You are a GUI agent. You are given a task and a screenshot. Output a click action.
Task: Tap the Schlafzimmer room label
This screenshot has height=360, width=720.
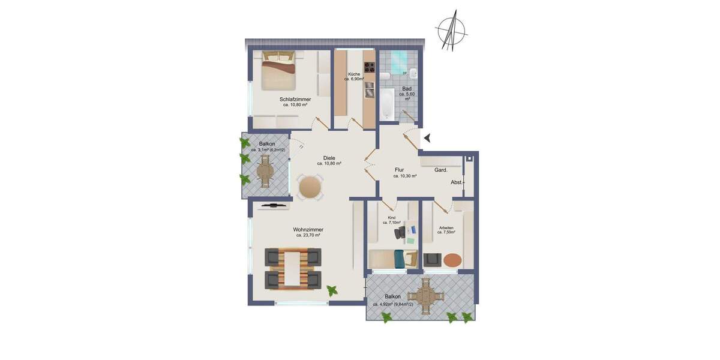tap(295, 100)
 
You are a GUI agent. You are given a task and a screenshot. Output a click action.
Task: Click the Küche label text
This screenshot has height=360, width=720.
tap(353, 74)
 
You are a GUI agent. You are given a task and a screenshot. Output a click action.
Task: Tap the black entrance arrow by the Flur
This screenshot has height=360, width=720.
tap(427, 138)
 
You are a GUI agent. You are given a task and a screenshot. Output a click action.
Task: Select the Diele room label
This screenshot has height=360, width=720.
tap(329, 158)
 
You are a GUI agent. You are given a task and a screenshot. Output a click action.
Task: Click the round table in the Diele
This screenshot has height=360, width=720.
tap(310, 187)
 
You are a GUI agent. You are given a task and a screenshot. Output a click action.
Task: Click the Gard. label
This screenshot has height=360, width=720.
tap(441, 170)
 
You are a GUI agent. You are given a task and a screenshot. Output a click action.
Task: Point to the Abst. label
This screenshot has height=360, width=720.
tap(457, 182)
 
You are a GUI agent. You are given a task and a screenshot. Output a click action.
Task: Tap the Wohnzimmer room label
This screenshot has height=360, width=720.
tap(308, 230)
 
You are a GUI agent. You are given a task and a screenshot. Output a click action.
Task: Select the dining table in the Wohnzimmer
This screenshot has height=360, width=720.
tap(293, 268)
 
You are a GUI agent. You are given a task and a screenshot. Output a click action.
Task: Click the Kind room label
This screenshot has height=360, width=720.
tap(391, 217)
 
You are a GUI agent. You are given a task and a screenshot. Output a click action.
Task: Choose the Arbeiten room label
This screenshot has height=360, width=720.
tap(446, 227)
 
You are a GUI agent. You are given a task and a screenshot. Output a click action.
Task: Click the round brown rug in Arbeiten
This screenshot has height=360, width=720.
tap(452, 260)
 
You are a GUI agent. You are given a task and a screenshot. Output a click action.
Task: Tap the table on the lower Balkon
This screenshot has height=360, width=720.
tap(427, 296)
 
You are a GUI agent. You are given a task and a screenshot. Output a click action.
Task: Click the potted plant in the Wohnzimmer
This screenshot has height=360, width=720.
tap(332, 291)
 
